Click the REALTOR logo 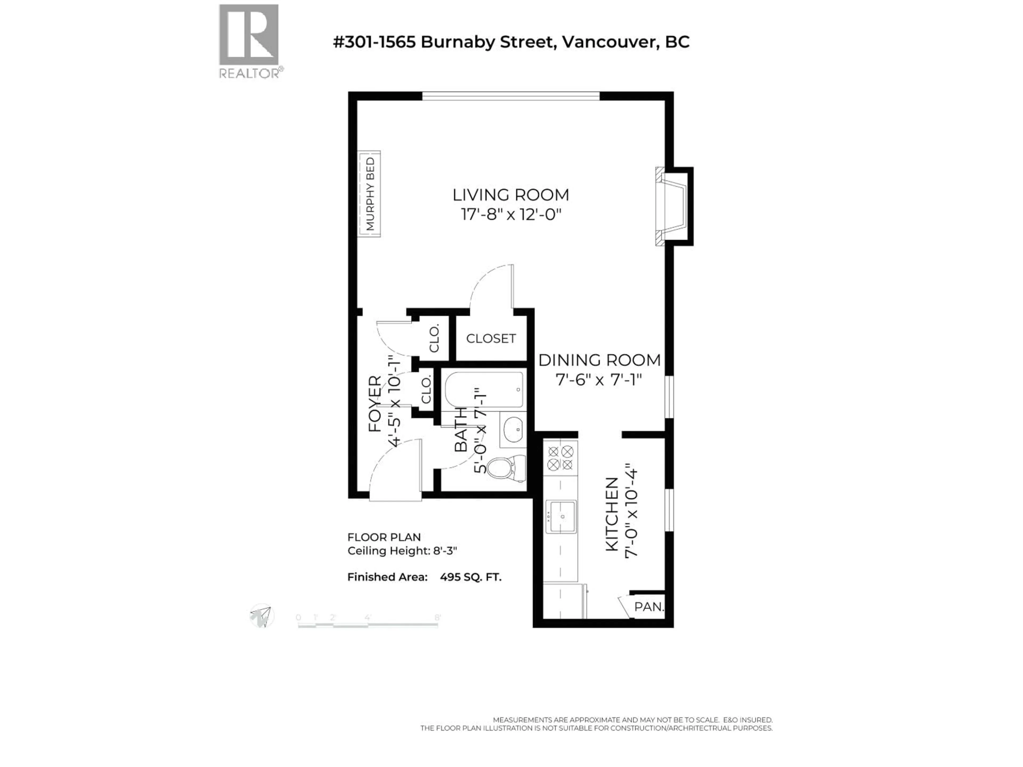click(249, 41)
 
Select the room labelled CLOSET click(491, 338)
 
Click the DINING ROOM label click(599, 360)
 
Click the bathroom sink click(512, 430)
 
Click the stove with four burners click(560, 458)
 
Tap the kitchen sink click(561, 516)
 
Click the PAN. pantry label click(648, 607)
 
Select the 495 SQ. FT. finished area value click(470, 577)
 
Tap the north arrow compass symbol click(262, 616)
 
